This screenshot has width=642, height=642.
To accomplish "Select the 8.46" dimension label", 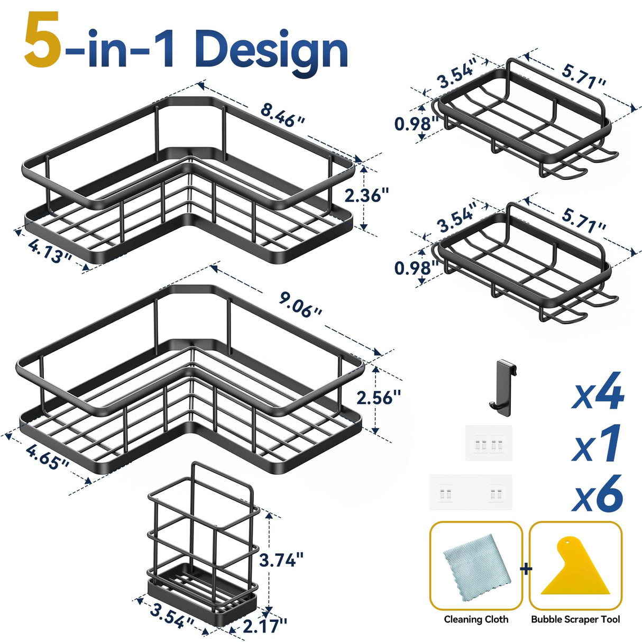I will pos(282,115).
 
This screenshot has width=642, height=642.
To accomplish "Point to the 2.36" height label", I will pos(366,196).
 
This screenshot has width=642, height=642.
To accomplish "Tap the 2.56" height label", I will pos(378,397).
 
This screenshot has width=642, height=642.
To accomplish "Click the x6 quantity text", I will pos(598,494).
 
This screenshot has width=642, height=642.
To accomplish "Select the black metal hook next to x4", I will pos(501,384).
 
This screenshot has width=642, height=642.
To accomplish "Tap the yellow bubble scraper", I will pos(575,572).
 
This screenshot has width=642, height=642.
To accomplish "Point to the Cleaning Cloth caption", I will pos(476,619).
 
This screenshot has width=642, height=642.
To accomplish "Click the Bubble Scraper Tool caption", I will pos(575,619).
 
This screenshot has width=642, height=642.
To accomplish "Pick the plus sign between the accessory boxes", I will pos(526,569).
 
